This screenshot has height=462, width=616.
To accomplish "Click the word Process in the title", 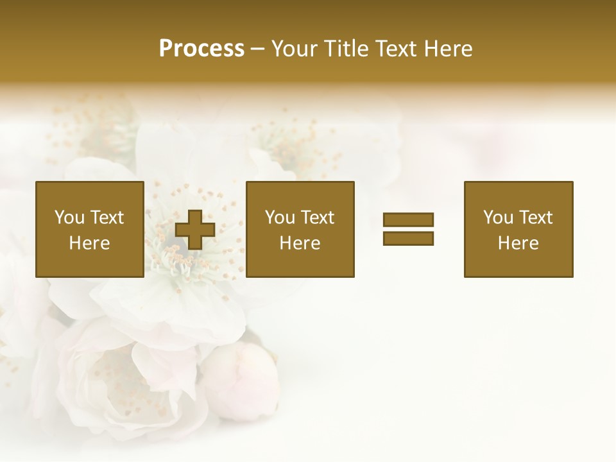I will (x=201, y=49).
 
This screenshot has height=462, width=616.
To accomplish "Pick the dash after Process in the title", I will (x=257, y=50).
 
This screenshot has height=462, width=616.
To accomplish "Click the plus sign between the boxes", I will (x=195, y=229).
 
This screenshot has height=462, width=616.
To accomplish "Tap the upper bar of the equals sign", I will (x=408, y=219).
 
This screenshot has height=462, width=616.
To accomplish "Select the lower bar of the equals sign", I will (x=408, y=238).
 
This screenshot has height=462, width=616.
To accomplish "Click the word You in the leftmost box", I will (x=69, y=218).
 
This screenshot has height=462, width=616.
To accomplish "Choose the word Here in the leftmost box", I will (x=89, y=243).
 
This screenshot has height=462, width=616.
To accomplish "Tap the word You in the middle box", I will (x=280, y=218).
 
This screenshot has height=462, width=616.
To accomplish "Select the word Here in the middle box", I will (x=300, y=243).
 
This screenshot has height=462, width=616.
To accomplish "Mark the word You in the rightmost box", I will (x=498, y=218).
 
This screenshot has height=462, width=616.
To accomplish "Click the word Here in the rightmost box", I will (x=518, y=243).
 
